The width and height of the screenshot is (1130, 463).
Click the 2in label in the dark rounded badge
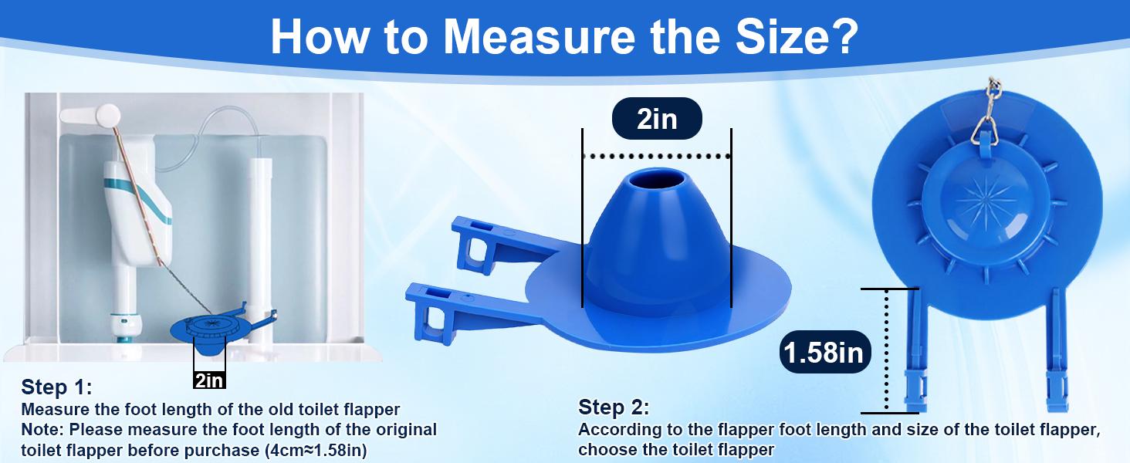(x=656, y=120)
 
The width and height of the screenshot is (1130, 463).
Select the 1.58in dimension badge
(x=824, y=353)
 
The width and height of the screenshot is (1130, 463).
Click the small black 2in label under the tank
(x=209, y=380)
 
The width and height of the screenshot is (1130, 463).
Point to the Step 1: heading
(x=56, y=387)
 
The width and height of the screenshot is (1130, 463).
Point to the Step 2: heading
(x=614, y=407)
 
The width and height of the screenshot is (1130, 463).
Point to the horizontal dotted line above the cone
(x=656, y=157)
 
